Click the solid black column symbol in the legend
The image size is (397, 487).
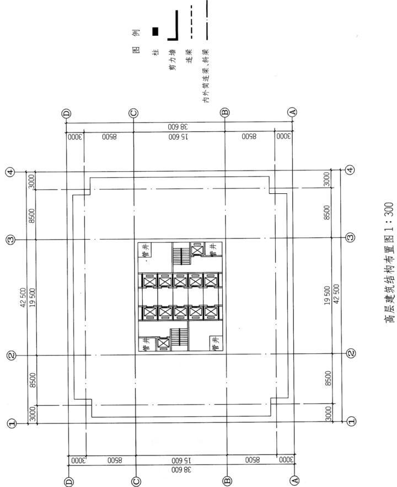pos(155,31)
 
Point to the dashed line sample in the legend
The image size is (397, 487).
pos(191,22)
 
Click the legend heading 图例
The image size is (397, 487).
pos(136,41)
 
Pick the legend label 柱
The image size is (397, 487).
pos(155,52)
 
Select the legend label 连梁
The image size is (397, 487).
pos(189,56)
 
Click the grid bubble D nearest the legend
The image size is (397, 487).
pos(67,114)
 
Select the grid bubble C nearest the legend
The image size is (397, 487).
pos(133,113)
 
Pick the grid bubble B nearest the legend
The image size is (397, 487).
pos(225,113)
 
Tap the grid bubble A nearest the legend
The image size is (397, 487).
pos(292,112)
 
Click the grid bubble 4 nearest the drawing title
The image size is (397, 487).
pos(350,170)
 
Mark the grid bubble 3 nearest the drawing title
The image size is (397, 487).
pos(350,237)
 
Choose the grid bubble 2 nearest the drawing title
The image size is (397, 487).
pos(351,353)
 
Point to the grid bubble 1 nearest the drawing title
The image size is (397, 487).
pos(351,421)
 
